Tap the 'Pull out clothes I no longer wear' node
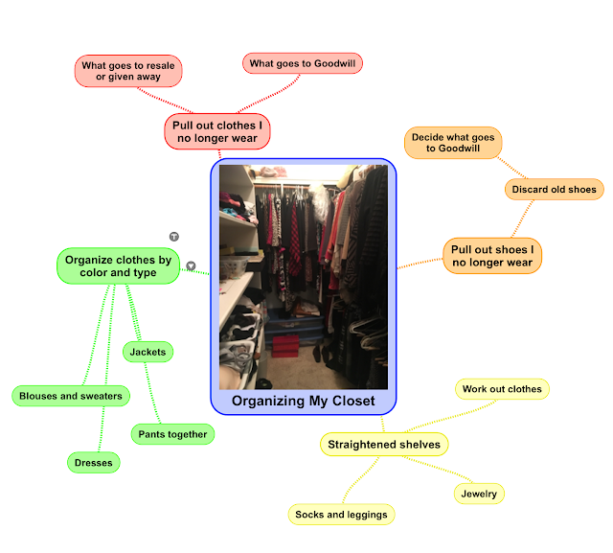coord(216,132)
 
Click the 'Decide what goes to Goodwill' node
coord(453,144)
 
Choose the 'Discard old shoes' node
coord(554,190)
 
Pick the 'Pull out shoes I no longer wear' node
coord(492,256)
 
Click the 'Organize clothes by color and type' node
coord(118,265)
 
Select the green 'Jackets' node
coord(148,352)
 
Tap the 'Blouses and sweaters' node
coord(71,396)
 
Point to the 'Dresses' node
coord(94,463)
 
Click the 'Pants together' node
coord(171,434)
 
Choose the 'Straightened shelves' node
coord(384,445)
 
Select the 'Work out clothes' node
coord(502,389)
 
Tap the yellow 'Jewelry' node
coord(478,494)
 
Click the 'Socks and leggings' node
coord(341,515)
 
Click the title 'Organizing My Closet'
coord(303,401)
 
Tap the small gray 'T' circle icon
coord(174,235)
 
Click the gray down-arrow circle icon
coord(192,265)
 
